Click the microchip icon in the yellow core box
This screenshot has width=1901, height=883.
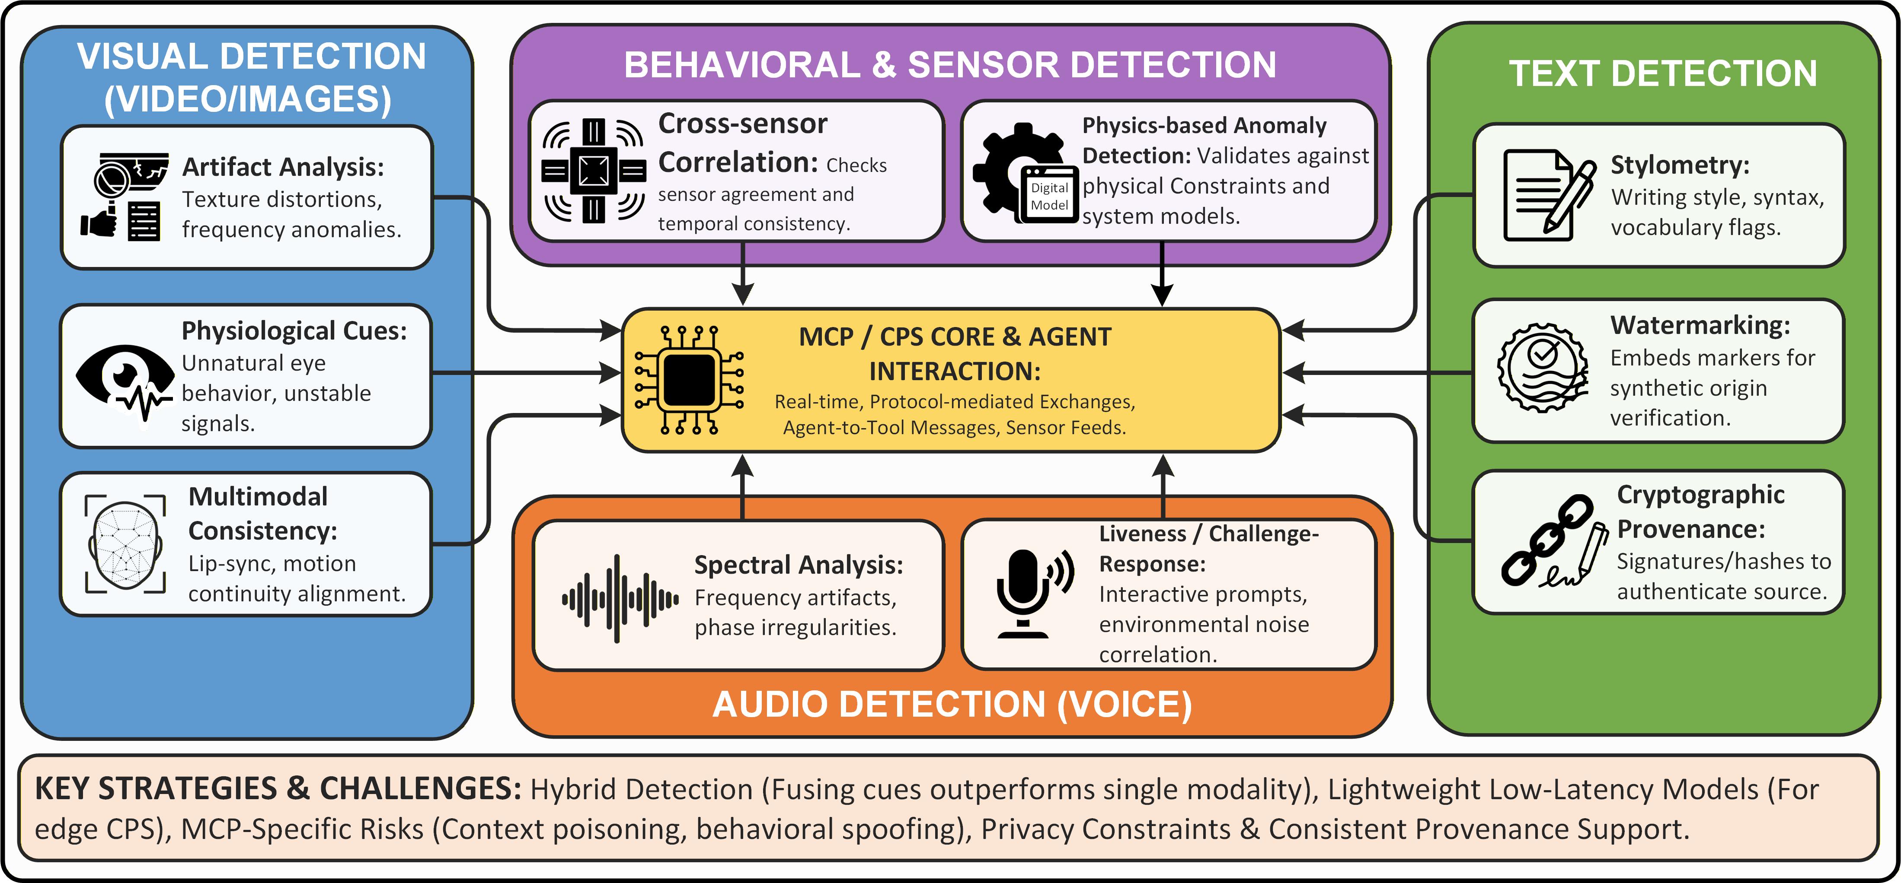pos(689,379)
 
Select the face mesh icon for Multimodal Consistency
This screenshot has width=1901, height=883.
pos(125,544)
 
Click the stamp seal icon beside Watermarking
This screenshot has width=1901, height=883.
pos(1542,367)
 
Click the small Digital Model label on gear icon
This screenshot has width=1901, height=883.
pos(1049,196)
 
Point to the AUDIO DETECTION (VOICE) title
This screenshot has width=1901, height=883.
pos(952,705)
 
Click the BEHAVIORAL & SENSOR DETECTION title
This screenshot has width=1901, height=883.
pos(950,65)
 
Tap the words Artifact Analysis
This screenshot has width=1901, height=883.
pos(283,168)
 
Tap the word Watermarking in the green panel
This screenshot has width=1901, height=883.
pos(1700,325)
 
